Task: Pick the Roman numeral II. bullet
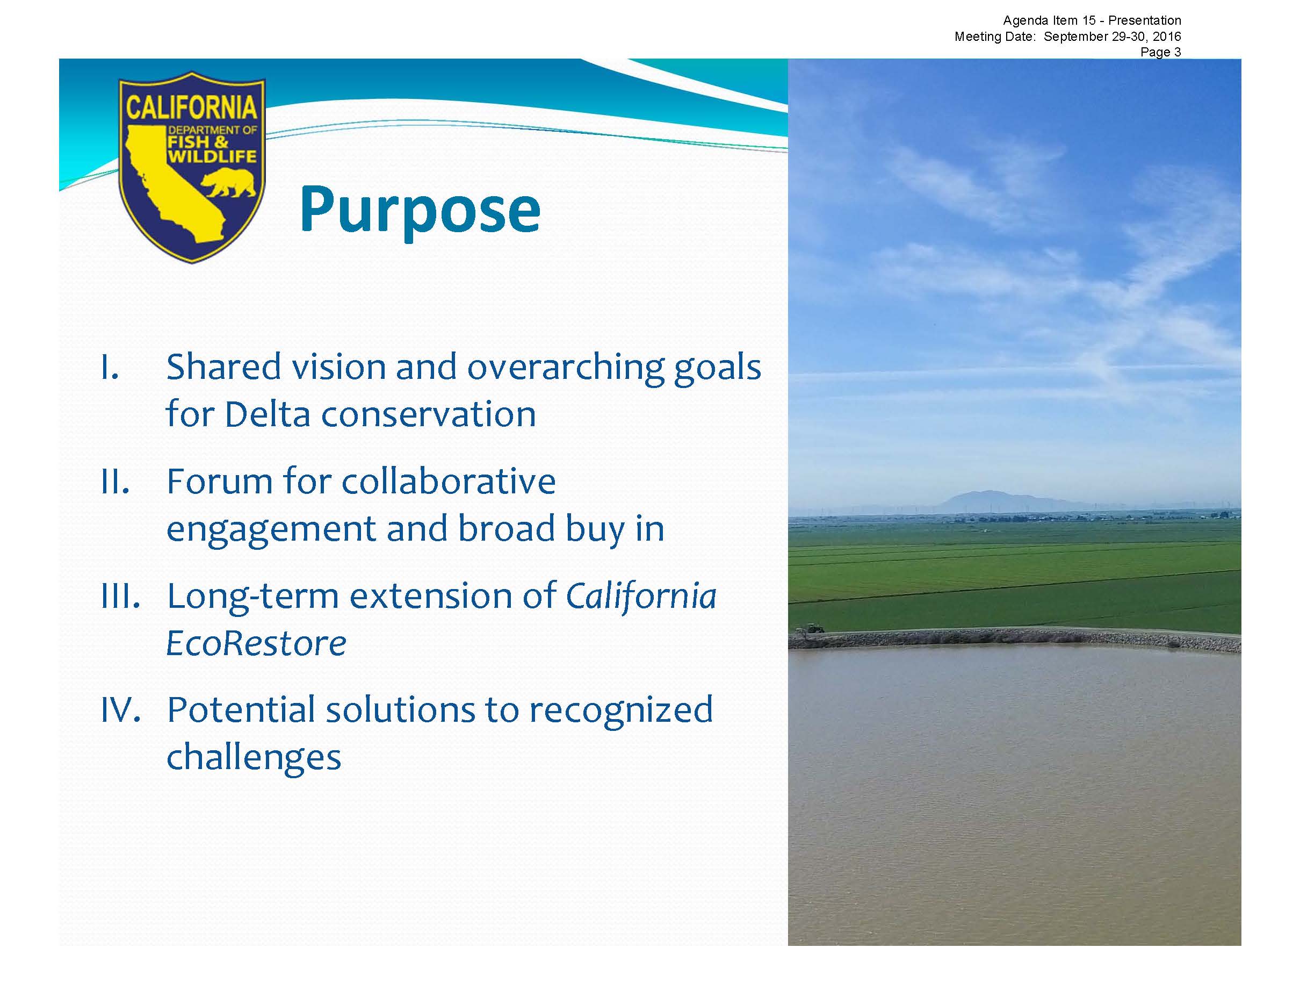coord(115,481)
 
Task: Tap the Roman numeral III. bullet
coord(121,595)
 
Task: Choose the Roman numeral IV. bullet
coord(121,710)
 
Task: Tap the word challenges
coord(254,758)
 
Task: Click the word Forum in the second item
coord(220,481)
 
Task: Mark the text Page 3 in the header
coord(1160,52)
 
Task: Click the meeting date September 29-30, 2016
coord(1112,37)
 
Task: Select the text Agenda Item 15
coord(1049,21)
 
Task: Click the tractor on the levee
coord(813,628)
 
